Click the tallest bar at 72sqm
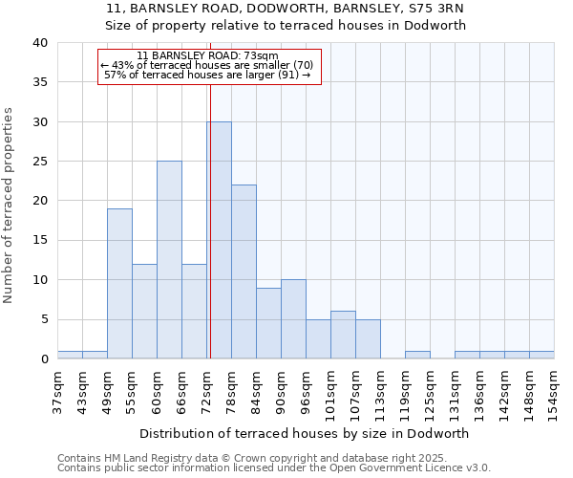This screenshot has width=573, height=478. tap(219, 240)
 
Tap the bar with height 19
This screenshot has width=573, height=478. tap(119, 283)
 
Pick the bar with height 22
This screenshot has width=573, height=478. tap(244, 272)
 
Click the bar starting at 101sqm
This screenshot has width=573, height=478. tap(343, 335)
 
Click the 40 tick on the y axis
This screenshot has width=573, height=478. tap(41, 43)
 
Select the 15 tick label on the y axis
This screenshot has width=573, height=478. tap(41, 241)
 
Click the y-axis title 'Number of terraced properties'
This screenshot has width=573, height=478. tap(10, 205)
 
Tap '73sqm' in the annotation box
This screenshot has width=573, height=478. tap(261, 55)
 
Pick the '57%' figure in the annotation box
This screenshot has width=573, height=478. tap(116, 75)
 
